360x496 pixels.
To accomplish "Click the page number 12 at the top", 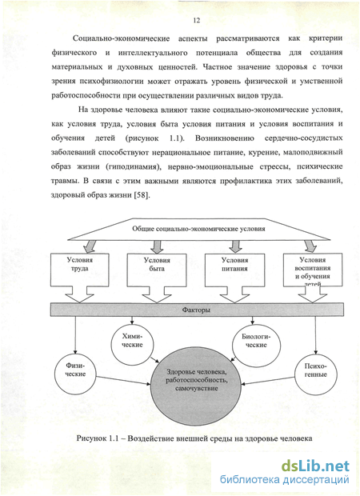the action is click(x=196, y=20).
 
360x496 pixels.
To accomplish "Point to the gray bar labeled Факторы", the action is click(x=197, y=310).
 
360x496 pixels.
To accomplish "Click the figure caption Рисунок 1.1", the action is click(x=194, y=438).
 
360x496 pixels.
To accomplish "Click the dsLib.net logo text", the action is click(x=315, y=466).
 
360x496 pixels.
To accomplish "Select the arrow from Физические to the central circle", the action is click(x=123, y=381).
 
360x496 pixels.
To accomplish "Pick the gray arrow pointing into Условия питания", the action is click(x=235, y=246).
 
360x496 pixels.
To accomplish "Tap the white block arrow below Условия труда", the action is click(x=79, y=295).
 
